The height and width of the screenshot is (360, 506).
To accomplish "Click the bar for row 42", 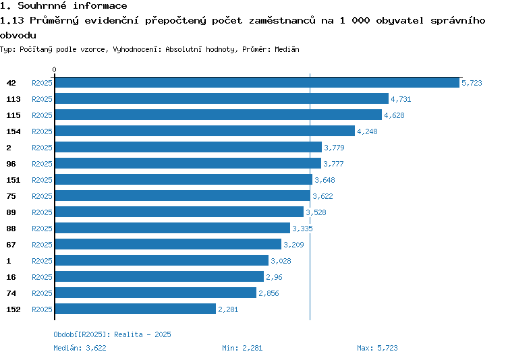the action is tap(257, 82).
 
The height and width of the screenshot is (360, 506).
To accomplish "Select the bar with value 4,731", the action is tap(222, 98).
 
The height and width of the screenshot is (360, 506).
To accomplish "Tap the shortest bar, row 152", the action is tap(136, 309).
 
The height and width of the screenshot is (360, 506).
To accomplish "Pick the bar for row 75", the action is tap(183, 196).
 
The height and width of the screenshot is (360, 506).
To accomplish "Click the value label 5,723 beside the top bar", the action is tap(472, 83).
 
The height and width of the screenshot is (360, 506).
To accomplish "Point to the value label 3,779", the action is tap(334, 148).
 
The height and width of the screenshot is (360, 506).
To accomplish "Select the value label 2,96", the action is tap(274, 277).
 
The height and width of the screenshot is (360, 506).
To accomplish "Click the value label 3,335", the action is tap(302, 229).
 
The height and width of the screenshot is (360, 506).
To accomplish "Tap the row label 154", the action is tap(13, 131).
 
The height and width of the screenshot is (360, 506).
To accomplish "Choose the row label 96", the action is tap(11, 164).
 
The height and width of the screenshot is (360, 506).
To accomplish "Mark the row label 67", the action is tap(11, 245).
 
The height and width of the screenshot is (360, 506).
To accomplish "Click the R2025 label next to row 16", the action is tap(42, 277).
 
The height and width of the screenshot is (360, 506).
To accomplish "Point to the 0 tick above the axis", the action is tap(54, 69).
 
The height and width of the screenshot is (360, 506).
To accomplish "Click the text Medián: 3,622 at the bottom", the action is tap(80, 348).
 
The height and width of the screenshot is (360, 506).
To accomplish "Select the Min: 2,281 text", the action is tap(242, 348).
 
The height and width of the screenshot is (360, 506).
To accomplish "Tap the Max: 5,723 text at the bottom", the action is tap(377, 348).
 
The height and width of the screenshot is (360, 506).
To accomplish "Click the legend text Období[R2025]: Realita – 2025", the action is tap(112, 334).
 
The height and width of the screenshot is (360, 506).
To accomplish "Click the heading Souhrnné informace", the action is tap(72, 5).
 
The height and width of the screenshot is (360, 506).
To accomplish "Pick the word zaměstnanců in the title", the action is tap(282, 20).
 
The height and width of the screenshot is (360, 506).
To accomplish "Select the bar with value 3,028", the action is tap(162, 260).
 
